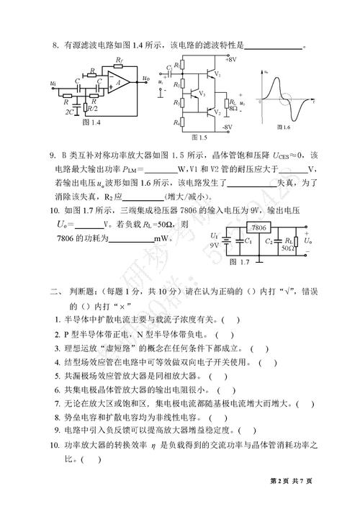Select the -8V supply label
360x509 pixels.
pos(228,126)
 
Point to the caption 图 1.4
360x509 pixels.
pos(91,124)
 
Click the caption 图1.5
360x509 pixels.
pos(199,135)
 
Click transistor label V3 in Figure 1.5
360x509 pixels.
pos(202,94)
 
